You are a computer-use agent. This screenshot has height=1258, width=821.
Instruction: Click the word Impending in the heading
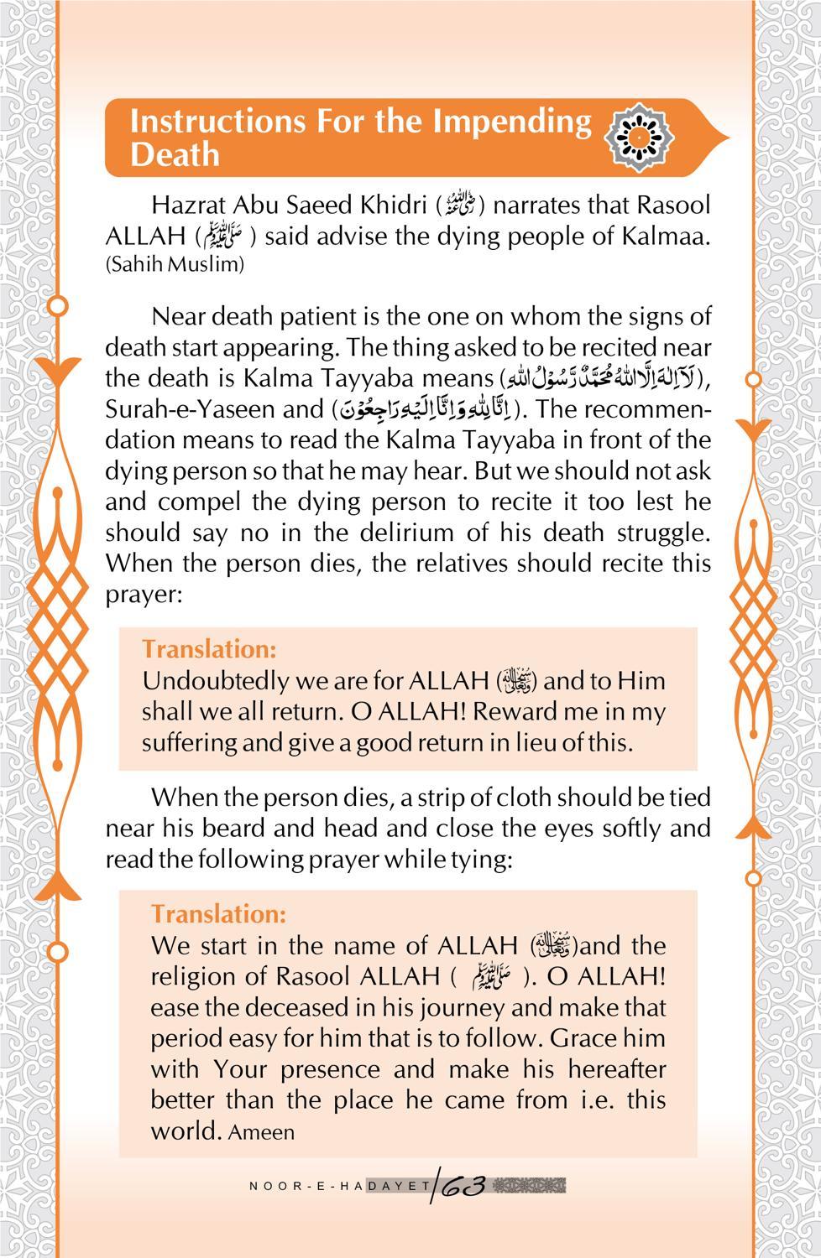512,122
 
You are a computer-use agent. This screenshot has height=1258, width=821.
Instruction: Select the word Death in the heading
175,155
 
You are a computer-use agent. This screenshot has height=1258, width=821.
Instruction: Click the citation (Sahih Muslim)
175,265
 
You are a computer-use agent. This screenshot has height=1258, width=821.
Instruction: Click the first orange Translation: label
208,649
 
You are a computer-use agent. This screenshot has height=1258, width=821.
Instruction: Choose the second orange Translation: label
218,913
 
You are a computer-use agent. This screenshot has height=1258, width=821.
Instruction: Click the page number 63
462,1186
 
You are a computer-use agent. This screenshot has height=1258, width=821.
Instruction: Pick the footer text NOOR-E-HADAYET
340,1186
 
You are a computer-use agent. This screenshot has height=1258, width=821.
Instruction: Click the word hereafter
616,1070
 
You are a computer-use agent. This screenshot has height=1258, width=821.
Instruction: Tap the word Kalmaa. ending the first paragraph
667,236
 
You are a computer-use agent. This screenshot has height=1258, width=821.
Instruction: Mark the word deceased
270,1007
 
